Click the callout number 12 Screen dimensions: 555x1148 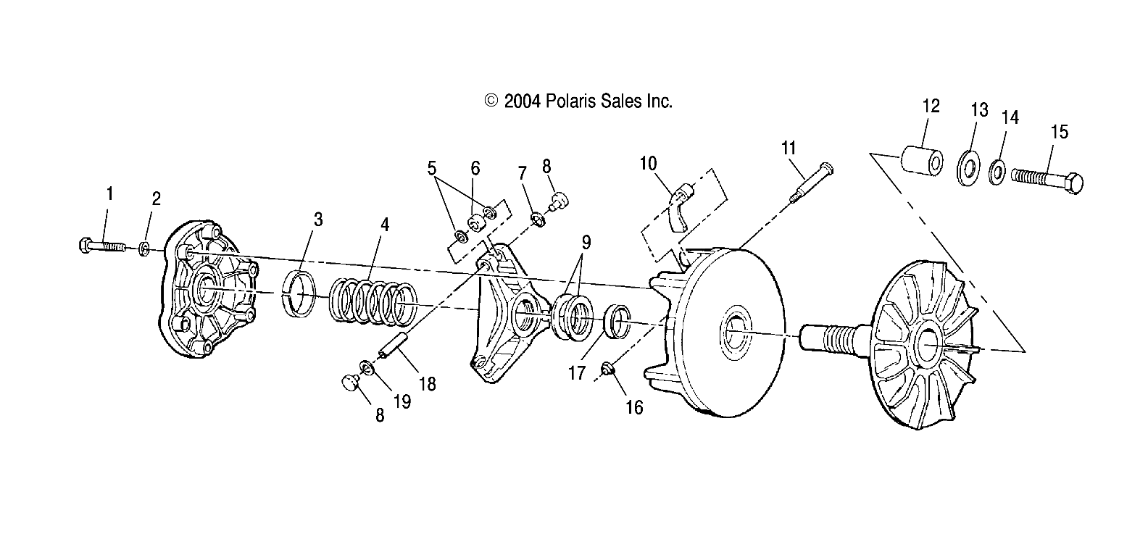[x=931, y=106]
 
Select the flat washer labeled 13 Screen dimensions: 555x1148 [x=965, y=169]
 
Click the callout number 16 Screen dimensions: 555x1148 [x=633, y=408]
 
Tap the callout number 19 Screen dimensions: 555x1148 [x=401, y=401]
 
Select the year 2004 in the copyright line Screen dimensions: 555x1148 [x=523, y=101]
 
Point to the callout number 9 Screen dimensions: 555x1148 [x=585, y=241]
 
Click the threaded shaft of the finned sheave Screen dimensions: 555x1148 [x=834, y=337]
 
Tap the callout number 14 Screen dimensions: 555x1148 [x=1010, y=117]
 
